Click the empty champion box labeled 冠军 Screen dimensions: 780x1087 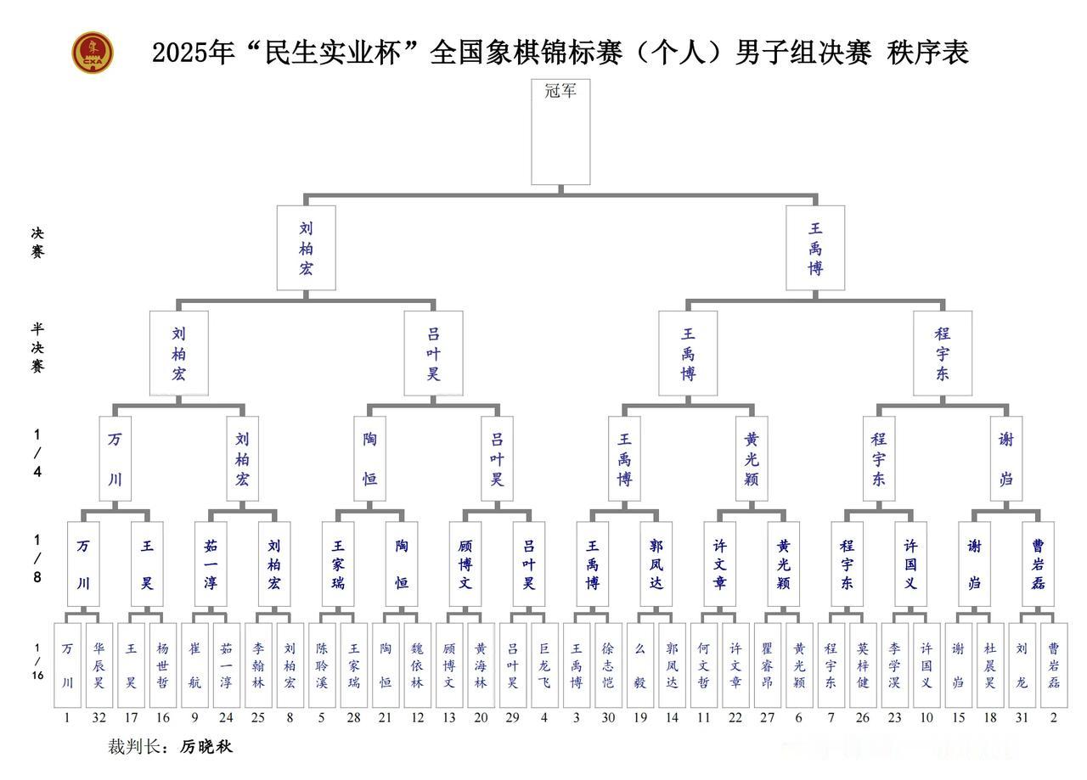pyautogui.click(x=560, y=132)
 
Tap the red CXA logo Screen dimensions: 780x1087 pyautogui.click(x=92, y=53)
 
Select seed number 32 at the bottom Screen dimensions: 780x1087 pyautogui.click(x=99, y=717)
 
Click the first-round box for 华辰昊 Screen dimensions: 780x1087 pyautogui.click(x=99, y=665)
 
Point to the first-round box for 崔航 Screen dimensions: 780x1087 pyautogui.click(x=194, y=665)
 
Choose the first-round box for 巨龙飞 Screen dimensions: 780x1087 pyautogui.click(x=544, y=665)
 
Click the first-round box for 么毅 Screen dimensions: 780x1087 pyautogui.click(x=640, y=665)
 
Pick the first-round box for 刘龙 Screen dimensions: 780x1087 pyautogui.click(x=1022, y=665)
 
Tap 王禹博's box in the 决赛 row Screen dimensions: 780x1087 pyautogui.click(x=815, y=248)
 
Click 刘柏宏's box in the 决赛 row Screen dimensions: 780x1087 pyautogui.click(x=306, y=248)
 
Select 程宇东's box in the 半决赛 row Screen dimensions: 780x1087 pyautogui.click(x=943, y=353)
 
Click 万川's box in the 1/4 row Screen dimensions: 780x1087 pyautogui.click(x=115, y=458)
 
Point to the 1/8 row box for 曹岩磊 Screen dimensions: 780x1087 pyautogui.click(x=1038, y=564)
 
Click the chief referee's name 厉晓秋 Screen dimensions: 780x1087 pyautogui.click(x=206, y=747)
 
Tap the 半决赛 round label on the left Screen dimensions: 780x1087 pyautogui.click(x=37, y=347)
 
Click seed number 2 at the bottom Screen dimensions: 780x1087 pyautogui.click(x=1053, y=717)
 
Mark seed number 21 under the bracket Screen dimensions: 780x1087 pyautogui.click(x=386, y=717)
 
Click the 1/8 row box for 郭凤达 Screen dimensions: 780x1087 pyautogui.click(x=656, y=564)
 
